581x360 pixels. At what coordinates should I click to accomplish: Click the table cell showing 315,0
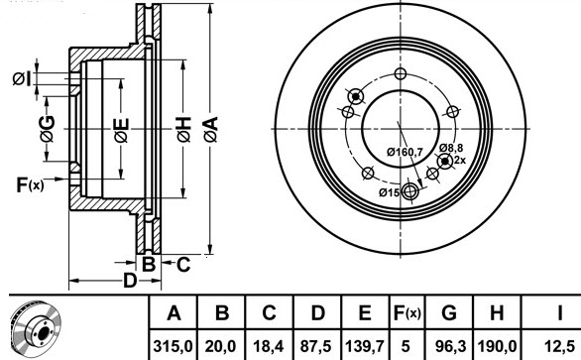tap(174, 347)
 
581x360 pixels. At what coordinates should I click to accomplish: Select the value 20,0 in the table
tap(220, 347)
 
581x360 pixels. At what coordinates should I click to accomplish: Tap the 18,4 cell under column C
tap(269, 347)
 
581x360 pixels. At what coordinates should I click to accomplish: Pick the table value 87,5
tap(316, 347)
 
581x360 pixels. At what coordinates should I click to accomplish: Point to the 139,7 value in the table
tap(364, 347)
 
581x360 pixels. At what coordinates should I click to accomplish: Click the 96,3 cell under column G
tap(450, 347)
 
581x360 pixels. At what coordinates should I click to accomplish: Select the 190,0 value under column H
tap(497, 347)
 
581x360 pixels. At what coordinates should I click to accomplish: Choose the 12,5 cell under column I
tap(559, 347)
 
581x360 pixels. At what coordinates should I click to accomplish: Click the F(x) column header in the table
tap(407, 313)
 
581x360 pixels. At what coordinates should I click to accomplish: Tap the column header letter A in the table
tap(174, 313)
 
